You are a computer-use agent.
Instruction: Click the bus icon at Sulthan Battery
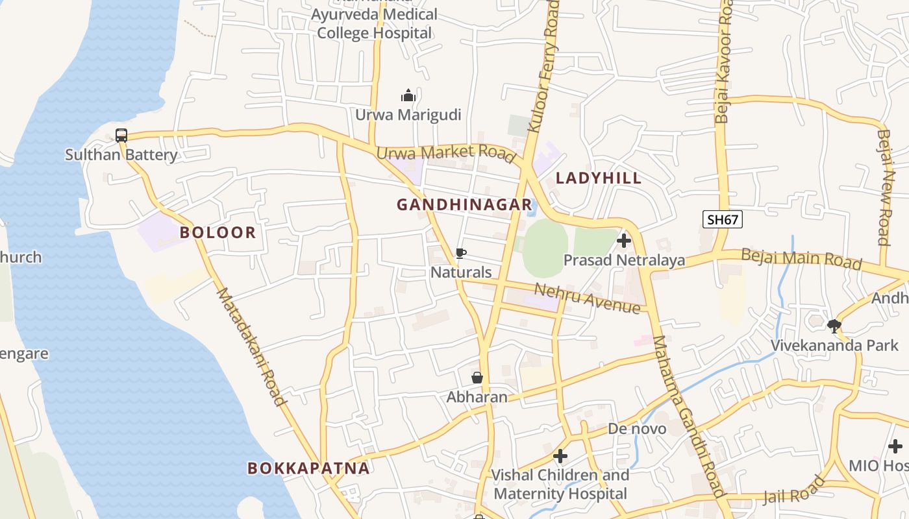(121, 136)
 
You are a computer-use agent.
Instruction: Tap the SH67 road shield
(723, 219)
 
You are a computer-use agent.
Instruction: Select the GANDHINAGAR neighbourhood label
(464, 205)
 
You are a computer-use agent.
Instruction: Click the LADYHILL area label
(599, 178)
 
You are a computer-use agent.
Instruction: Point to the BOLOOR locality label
(218, 232)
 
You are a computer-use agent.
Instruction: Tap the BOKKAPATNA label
(308, 468)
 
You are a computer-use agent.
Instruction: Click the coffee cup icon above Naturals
(461, 253)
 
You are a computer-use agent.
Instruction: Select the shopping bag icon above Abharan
(477, 378)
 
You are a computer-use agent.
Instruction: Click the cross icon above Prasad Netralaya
(624, 241)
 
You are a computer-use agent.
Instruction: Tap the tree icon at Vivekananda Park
(834, 326)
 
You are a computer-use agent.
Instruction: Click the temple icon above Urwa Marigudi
(408, 96)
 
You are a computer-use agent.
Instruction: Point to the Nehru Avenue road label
(588, 298)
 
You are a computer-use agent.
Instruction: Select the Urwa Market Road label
(446, 154)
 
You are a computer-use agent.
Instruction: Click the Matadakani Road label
(251, 347)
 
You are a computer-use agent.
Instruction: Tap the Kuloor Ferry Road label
(543, 66)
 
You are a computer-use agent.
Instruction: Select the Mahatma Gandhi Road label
(690, 415)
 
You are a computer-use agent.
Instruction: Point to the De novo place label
(637, 429)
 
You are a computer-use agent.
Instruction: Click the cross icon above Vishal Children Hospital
(560, 456)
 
